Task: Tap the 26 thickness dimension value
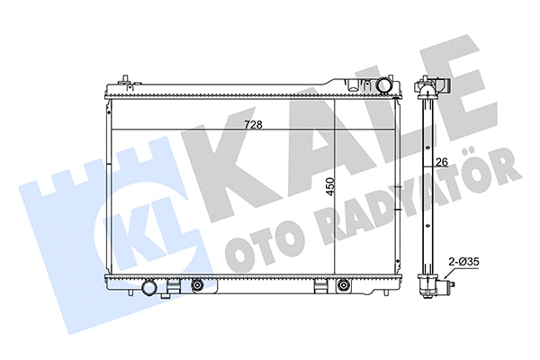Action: pos(442,163)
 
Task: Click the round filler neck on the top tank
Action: pos(386,85)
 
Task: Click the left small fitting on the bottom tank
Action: pos(196,286)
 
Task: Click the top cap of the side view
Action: pos(428,86)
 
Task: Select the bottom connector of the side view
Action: pos(429,290)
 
